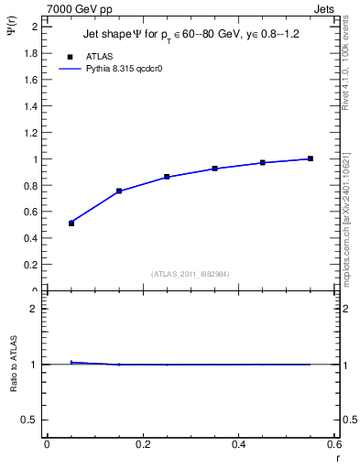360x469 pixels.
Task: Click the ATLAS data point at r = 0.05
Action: click(71, 224)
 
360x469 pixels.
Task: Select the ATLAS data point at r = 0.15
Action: click(119, 191)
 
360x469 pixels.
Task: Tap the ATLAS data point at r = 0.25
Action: click(167, 176)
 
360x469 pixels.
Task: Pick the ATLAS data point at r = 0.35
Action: click(214, 169)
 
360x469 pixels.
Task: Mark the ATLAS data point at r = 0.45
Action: click(263, 162)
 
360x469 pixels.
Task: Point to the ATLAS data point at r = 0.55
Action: click(311, 158)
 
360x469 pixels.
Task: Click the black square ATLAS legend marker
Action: click(70, 57)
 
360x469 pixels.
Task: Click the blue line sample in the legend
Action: click(70, 69)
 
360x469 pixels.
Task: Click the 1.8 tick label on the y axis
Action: click(30, 53)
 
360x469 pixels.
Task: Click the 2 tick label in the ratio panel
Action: click(34, 309)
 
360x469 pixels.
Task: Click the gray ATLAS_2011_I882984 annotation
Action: click(191, 274)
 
